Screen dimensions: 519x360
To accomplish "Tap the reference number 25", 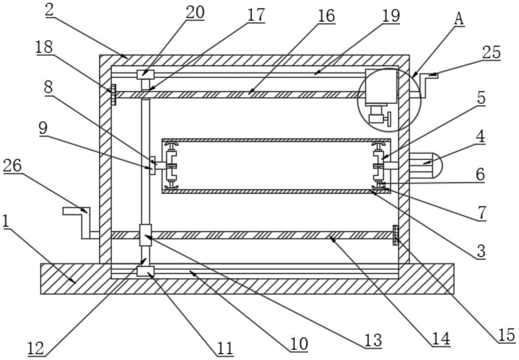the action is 491,52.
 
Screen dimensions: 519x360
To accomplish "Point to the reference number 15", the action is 505,336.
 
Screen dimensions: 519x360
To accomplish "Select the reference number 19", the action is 391,16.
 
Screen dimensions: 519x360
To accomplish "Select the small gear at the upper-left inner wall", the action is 114,94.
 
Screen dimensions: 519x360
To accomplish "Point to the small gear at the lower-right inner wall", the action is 395,236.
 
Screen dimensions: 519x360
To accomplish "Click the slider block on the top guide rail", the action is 145,75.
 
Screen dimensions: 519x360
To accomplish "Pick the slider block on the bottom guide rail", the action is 145,271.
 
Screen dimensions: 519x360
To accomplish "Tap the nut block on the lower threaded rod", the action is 145,235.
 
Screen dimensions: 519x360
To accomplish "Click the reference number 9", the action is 43,130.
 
